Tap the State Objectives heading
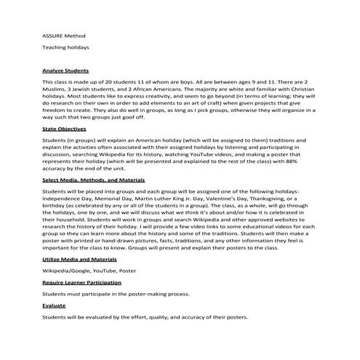pos(63,128)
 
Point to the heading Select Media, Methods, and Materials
pos(93,179)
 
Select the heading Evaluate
pos(55,305)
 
